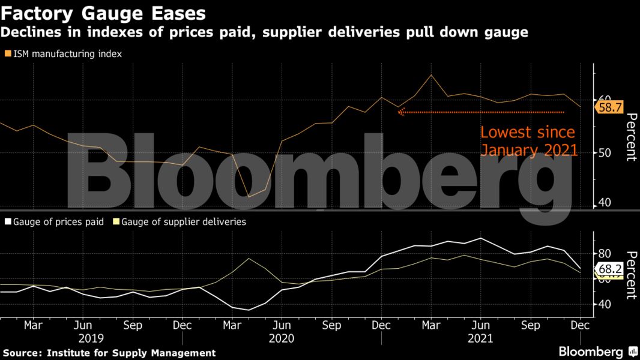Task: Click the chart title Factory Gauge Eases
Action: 103,13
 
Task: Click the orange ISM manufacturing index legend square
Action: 7,54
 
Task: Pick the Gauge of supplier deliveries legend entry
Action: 184,222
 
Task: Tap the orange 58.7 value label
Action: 609,107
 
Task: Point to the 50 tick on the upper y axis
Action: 604,153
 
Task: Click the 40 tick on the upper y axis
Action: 604,203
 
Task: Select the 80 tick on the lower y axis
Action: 604,254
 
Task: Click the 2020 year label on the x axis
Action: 281,338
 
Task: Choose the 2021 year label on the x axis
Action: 480,338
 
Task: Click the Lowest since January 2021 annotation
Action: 528,141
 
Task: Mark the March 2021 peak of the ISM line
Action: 431,75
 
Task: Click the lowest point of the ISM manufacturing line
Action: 249,197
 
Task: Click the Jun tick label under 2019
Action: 83,325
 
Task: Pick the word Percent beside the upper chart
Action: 630,137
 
